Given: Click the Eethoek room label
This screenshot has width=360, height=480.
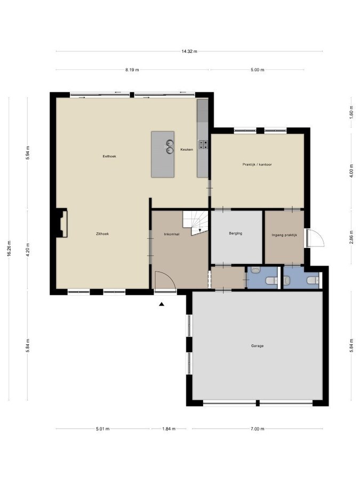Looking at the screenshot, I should click(x=109, y=156).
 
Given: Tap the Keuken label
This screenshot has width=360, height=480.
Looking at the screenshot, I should click(x=186, y=149).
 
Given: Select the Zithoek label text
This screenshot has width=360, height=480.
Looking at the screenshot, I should click(x=102, y=234).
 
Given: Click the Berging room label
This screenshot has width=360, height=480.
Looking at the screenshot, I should click(x=236, y=233).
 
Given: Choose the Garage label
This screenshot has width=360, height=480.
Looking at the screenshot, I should click(x=257, y=346).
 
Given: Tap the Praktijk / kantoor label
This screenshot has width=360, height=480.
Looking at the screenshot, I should click(x=257, y=164).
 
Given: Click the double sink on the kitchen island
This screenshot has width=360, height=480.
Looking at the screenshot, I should click(x=169, y=146).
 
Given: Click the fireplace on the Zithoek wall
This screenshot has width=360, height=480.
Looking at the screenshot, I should click(x=62, y=223).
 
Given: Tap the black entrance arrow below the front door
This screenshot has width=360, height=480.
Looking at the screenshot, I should click(x=162, y=305).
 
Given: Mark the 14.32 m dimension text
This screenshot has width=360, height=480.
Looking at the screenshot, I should click(x=189, y=51).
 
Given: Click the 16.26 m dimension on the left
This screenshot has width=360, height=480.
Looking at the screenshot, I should click(x=9, y=247).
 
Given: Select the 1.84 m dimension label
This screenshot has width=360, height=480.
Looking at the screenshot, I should click(x=170, y=429).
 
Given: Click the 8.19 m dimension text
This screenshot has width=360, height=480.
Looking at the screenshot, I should click(x=132, y=70).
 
